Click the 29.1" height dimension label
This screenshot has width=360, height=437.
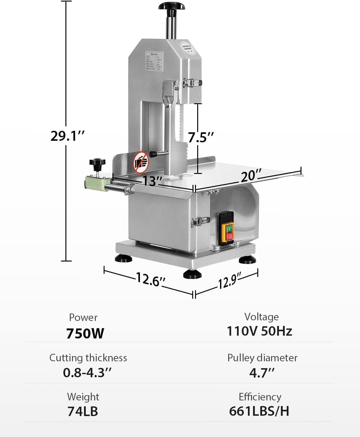coord(67,136)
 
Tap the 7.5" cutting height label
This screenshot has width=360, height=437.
coord(201,137)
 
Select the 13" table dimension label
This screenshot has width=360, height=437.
coord(152,180)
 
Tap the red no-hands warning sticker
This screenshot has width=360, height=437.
coord(141,162)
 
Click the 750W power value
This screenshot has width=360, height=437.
coord(85,333)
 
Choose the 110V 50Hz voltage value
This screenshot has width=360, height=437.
coord(259,331)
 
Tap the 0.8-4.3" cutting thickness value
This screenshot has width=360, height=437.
coord(87,373)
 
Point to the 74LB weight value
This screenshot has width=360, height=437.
coord(83,411)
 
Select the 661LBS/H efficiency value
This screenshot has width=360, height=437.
coord(259,411)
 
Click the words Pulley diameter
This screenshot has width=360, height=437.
coord(262,358)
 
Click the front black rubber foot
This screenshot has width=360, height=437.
coord(192,275)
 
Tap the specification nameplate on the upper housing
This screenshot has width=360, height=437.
coord(155,62)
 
